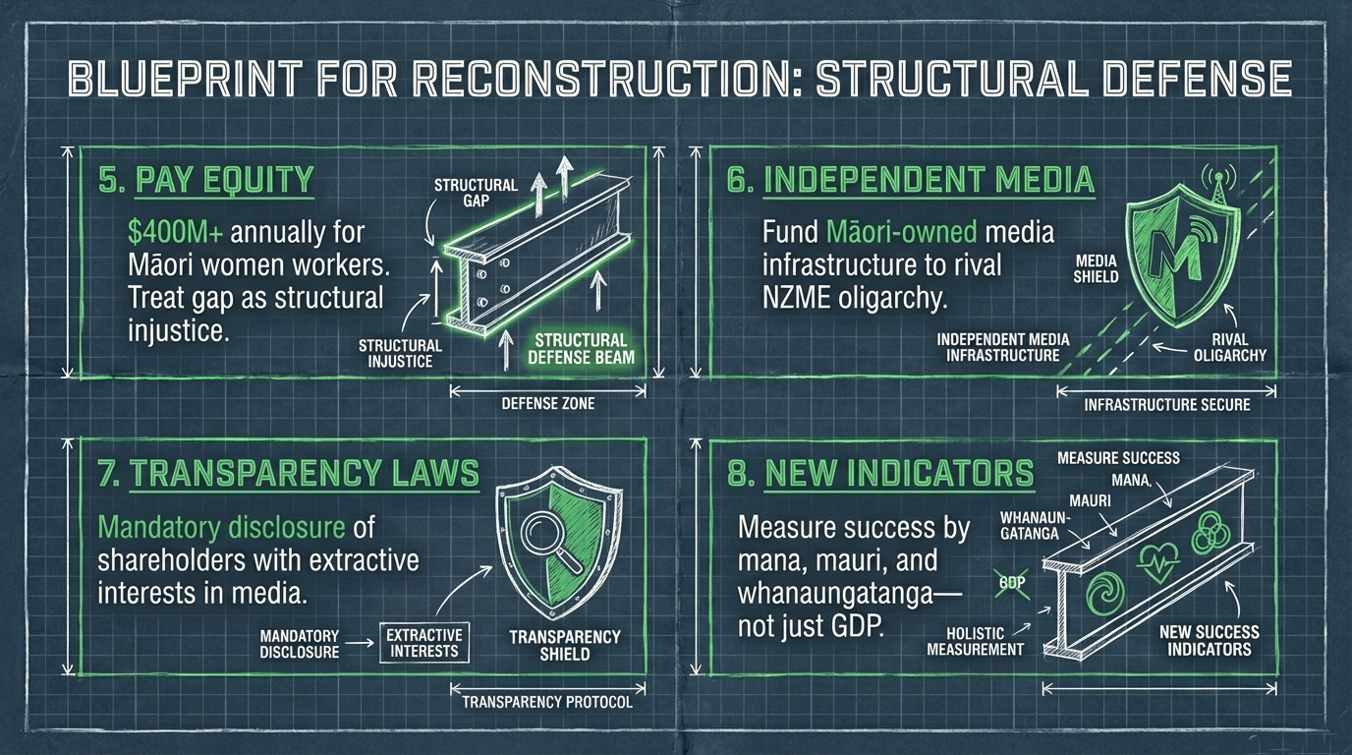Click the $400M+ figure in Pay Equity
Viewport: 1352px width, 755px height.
[175, 233]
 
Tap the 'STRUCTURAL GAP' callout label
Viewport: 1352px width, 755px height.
[476, 193]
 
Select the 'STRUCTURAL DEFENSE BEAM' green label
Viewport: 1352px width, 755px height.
[581, 349]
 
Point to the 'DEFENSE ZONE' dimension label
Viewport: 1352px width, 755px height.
[548, 403]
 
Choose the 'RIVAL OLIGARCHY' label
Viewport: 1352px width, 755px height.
[1229, 347]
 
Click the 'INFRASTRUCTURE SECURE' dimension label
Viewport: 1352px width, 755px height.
[1166, 405]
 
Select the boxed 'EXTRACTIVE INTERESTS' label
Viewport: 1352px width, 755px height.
[424, 643]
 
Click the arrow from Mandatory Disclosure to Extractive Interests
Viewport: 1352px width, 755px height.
[360, 644]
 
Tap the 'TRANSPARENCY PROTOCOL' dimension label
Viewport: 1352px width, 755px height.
[547, 702]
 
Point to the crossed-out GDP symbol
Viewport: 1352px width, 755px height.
[1012, 583]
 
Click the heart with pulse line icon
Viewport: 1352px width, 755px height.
[1157, 562]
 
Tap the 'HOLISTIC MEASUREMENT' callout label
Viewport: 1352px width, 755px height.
[975, 641]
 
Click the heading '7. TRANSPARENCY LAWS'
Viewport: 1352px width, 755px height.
[289, 474]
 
